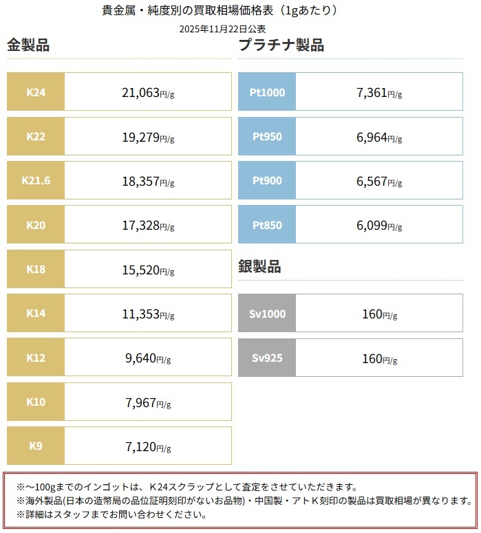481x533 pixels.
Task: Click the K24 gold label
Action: (x=36, y=92)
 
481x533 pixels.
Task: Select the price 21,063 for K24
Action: (x=141, y=92)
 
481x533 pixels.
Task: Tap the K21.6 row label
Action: (x=36, y=181)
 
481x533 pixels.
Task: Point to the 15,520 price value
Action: (x=141, y=270)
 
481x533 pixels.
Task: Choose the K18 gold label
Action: (x=36, y=270)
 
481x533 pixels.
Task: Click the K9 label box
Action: (x=36, y=446)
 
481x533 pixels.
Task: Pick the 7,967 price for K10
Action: (x=142, y=402)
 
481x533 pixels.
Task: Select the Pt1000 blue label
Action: (x=268, y=92)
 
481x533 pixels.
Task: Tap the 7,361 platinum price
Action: (x=372, y=92)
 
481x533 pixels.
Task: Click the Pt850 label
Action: (x=268, y=225)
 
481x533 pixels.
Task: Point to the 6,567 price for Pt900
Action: (x=372, y=181)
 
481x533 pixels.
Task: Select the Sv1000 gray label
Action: (x=268, y=314)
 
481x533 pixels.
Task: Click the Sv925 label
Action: (x=268, y=358)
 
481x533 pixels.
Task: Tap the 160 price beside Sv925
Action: (x=372, y=358)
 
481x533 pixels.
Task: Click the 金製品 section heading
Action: (x=28, y=46)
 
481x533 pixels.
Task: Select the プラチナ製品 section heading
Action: (x=281, y=46)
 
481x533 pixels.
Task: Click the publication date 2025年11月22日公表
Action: (x=222, y=29)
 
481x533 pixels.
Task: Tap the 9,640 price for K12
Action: (x=142, y=358)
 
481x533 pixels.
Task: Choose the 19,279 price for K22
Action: (x=141, y=137)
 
